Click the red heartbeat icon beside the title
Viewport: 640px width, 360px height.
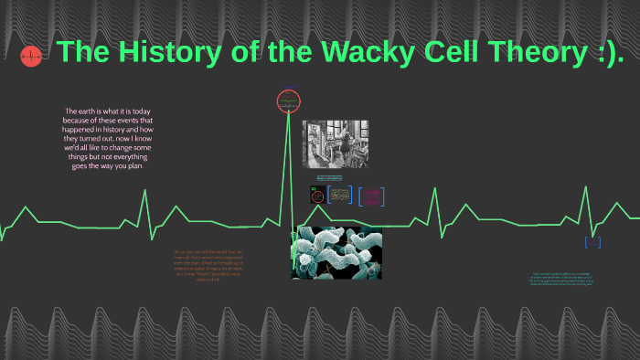[30, 57]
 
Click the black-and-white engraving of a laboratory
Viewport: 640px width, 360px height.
[335, 143]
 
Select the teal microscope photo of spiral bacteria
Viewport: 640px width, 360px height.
[336, 253]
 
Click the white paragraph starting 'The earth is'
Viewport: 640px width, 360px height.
[109, 138]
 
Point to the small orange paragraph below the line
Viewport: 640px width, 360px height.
[209, 266]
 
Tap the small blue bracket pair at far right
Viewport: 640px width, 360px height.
[592, 242]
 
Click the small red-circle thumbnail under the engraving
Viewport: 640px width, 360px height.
[316, 196]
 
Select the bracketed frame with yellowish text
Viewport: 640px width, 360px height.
[340, 196]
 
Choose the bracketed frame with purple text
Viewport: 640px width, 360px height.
[371, 196]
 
